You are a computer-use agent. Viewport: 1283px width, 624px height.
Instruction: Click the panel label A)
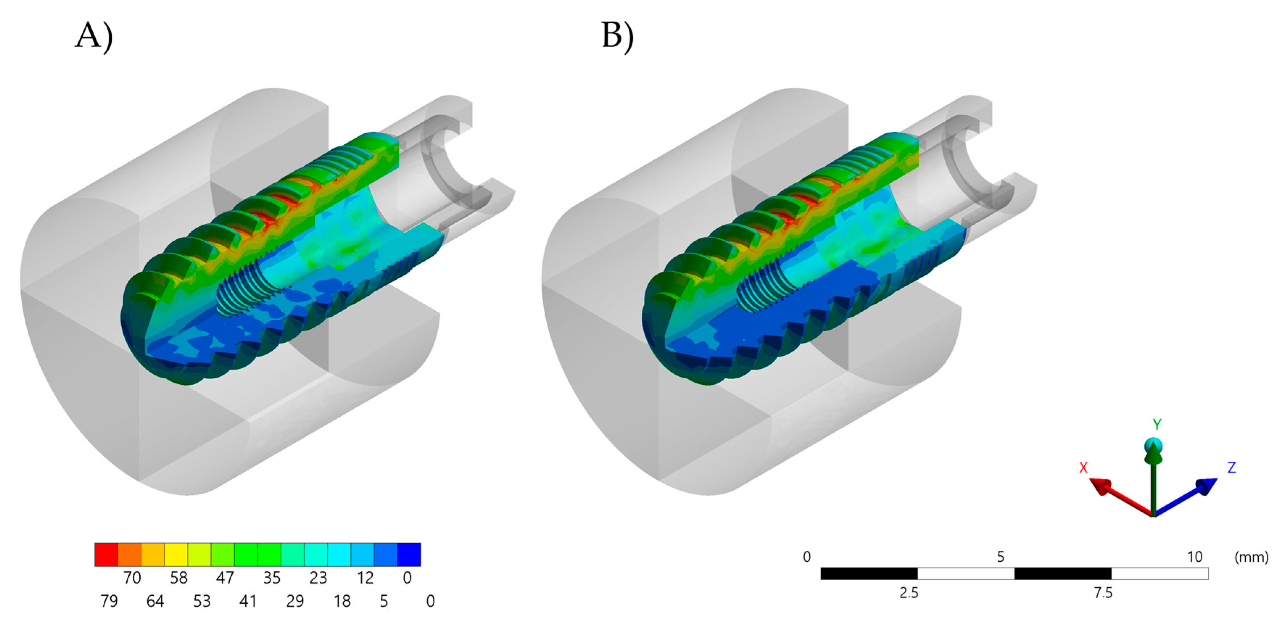(x=94, y=36)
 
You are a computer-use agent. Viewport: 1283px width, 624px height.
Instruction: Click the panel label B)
(x=618, y=36)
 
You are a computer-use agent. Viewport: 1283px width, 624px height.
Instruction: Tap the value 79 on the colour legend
(x=109, y=601)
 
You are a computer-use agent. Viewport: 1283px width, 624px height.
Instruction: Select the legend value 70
(x=132, y=578)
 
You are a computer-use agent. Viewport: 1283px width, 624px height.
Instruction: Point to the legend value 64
(x=155, y=601)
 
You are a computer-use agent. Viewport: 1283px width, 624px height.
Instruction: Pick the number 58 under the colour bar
(x=178, y=578)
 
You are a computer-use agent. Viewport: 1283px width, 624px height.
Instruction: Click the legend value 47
(x=225, y=578)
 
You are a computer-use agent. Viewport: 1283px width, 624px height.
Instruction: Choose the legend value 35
(x=272, y=578)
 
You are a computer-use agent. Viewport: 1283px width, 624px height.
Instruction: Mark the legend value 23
(x=318, y=578)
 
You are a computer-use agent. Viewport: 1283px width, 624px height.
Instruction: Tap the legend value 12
(x=365, y=578)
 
